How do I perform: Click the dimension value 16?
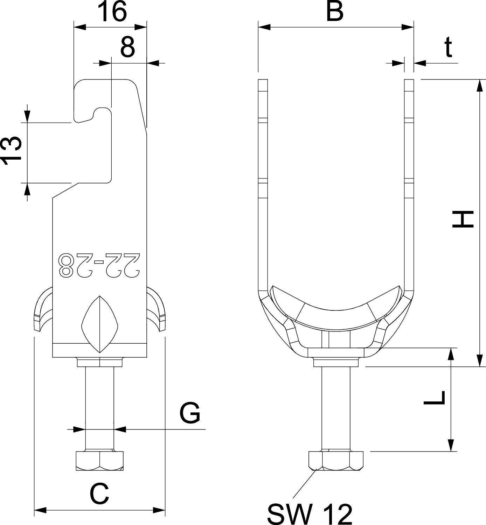click(x=112, y=12)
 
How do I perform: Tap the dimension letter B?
click(x=335, y=12)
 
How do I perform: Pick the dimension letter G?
click(x=189, y=413)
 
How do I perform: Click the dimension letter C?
click(x=99, y=494)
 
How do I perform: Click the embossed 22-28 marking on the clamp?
click(x=100, y=264)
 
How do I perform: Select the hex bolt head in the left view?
click(x=99, y=461)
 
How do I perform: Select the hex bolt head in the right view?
click(x=336, y=460)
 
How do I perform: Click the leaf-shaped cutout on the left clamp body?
click(x=100, y=324)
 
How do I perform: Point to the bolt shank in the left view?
click(x=99, y=406)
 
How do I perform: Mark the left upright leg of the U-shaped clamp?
click(x=263, y=182)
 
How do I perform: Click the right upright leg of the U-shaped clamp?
click(x=409, y=182)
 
